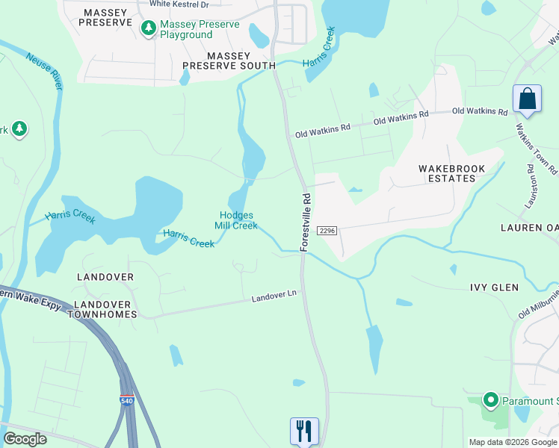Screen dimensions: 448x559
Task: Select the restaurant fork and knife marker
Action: coord(304,430)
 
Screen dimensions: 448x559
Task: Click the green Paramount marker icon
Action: coord(490,401)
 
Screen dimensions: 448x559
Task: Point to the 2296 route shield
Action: coord(328,231)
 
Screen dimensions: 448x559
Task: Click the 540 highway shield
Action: coord(127,401)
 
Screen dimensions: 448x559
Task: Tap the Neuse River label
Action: coord(44,72)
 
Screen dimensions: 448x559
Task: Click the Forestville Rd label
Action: coord(306,222)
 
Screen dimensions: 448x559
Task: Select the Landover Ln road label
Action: coord(274,296)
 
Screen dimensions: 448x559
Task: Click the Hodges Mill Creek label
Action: coord(236,220)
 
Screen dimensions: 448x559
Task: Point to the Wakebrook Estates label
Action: coord(451,174)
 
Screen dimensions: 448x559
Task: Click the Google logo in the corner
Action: coord(25,439)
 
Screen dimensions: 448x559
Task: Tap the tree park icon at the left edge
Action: coord(19,129)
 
